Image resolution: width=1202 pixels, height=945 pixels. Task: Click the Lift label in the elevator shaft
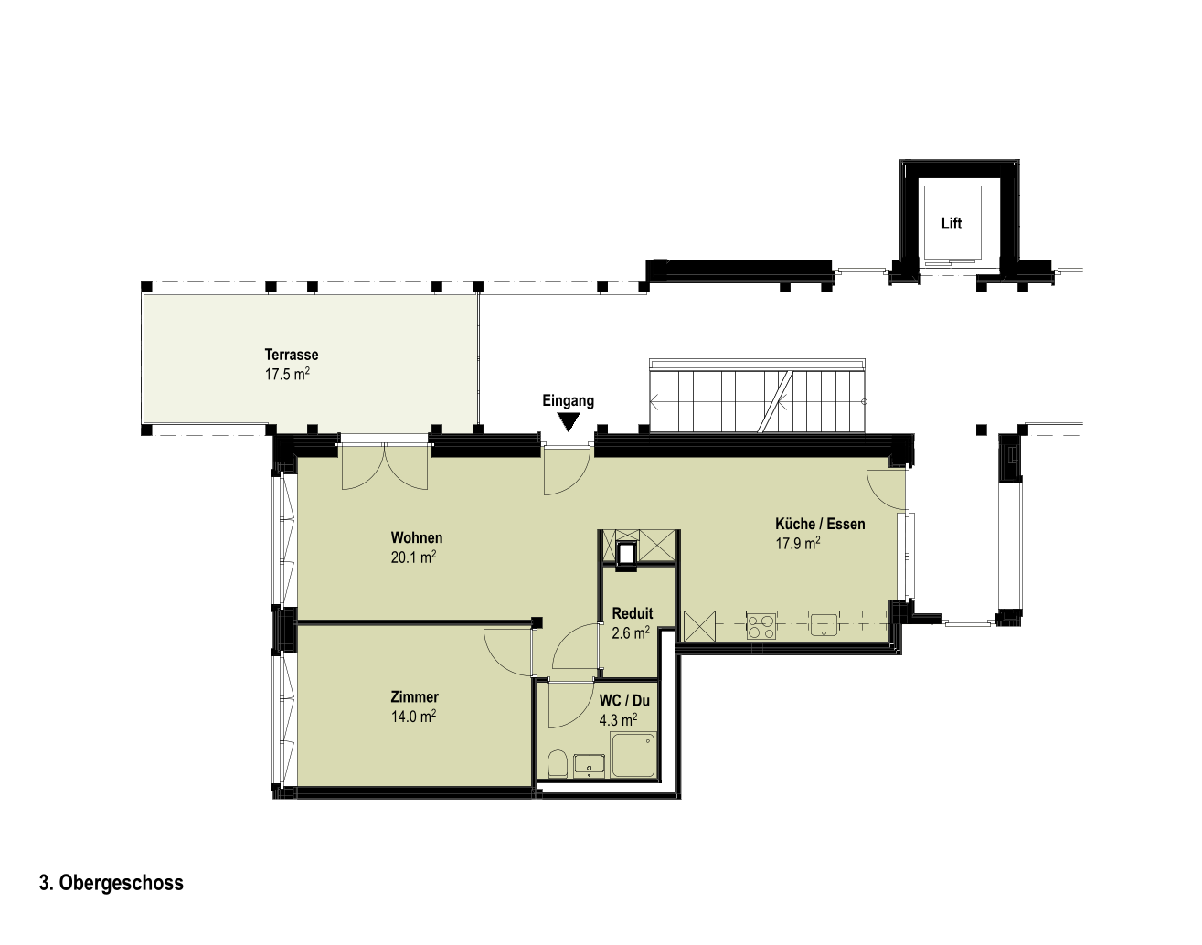coord(952,223)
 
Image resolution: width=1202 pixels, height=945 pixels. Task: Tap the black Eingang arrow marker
coord(569,421)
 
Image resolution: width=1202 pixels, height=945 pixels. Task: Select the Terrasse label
coord(291,355)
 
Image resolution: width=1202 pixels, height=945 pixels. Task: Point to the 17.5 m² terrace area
coord(287,374)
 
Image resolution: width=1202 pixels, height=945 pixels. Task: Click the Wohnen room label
coord(417,537)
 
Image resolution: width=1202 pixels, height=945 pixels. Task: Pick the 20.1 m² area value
coord(413,557)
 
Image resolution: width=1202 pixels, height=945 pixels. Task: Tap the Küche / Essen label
coord(820,524)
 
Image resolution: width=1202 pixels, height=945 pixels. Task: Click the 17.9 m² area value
coord(798,543)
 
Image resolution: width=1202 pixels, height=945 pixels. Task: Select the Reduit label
coord(633,613)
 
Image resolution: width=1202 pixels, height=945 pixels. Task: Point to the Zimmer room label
coord(414,697)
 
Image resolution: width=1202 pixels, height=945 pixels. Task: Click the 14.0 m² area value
coord(413,716)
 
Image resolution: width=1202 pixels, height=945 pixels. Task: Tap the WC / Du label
coord(624,700)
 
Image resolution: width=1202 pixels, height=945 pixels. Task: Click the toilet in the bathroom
coord(558,763)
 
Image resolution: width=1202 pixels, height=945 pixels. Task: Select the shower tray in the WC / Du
coord(634,755)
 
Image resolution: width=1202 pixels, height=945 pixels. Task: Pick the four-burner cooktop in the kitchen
coord(761,626)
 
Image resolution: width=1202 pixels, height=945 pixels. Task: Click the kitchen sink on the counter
coord(824,624)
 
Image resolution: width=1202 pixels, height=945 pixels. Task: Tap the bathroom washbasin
coord(589,765)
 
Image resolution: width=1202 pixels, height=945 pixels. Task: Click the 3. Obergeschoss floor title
coord(112,883)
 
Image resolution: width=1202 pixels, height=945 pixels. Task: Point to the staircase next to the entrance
coord(758,396)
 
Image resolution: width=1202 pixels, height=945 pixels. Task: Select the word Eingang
coord(568,401)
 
